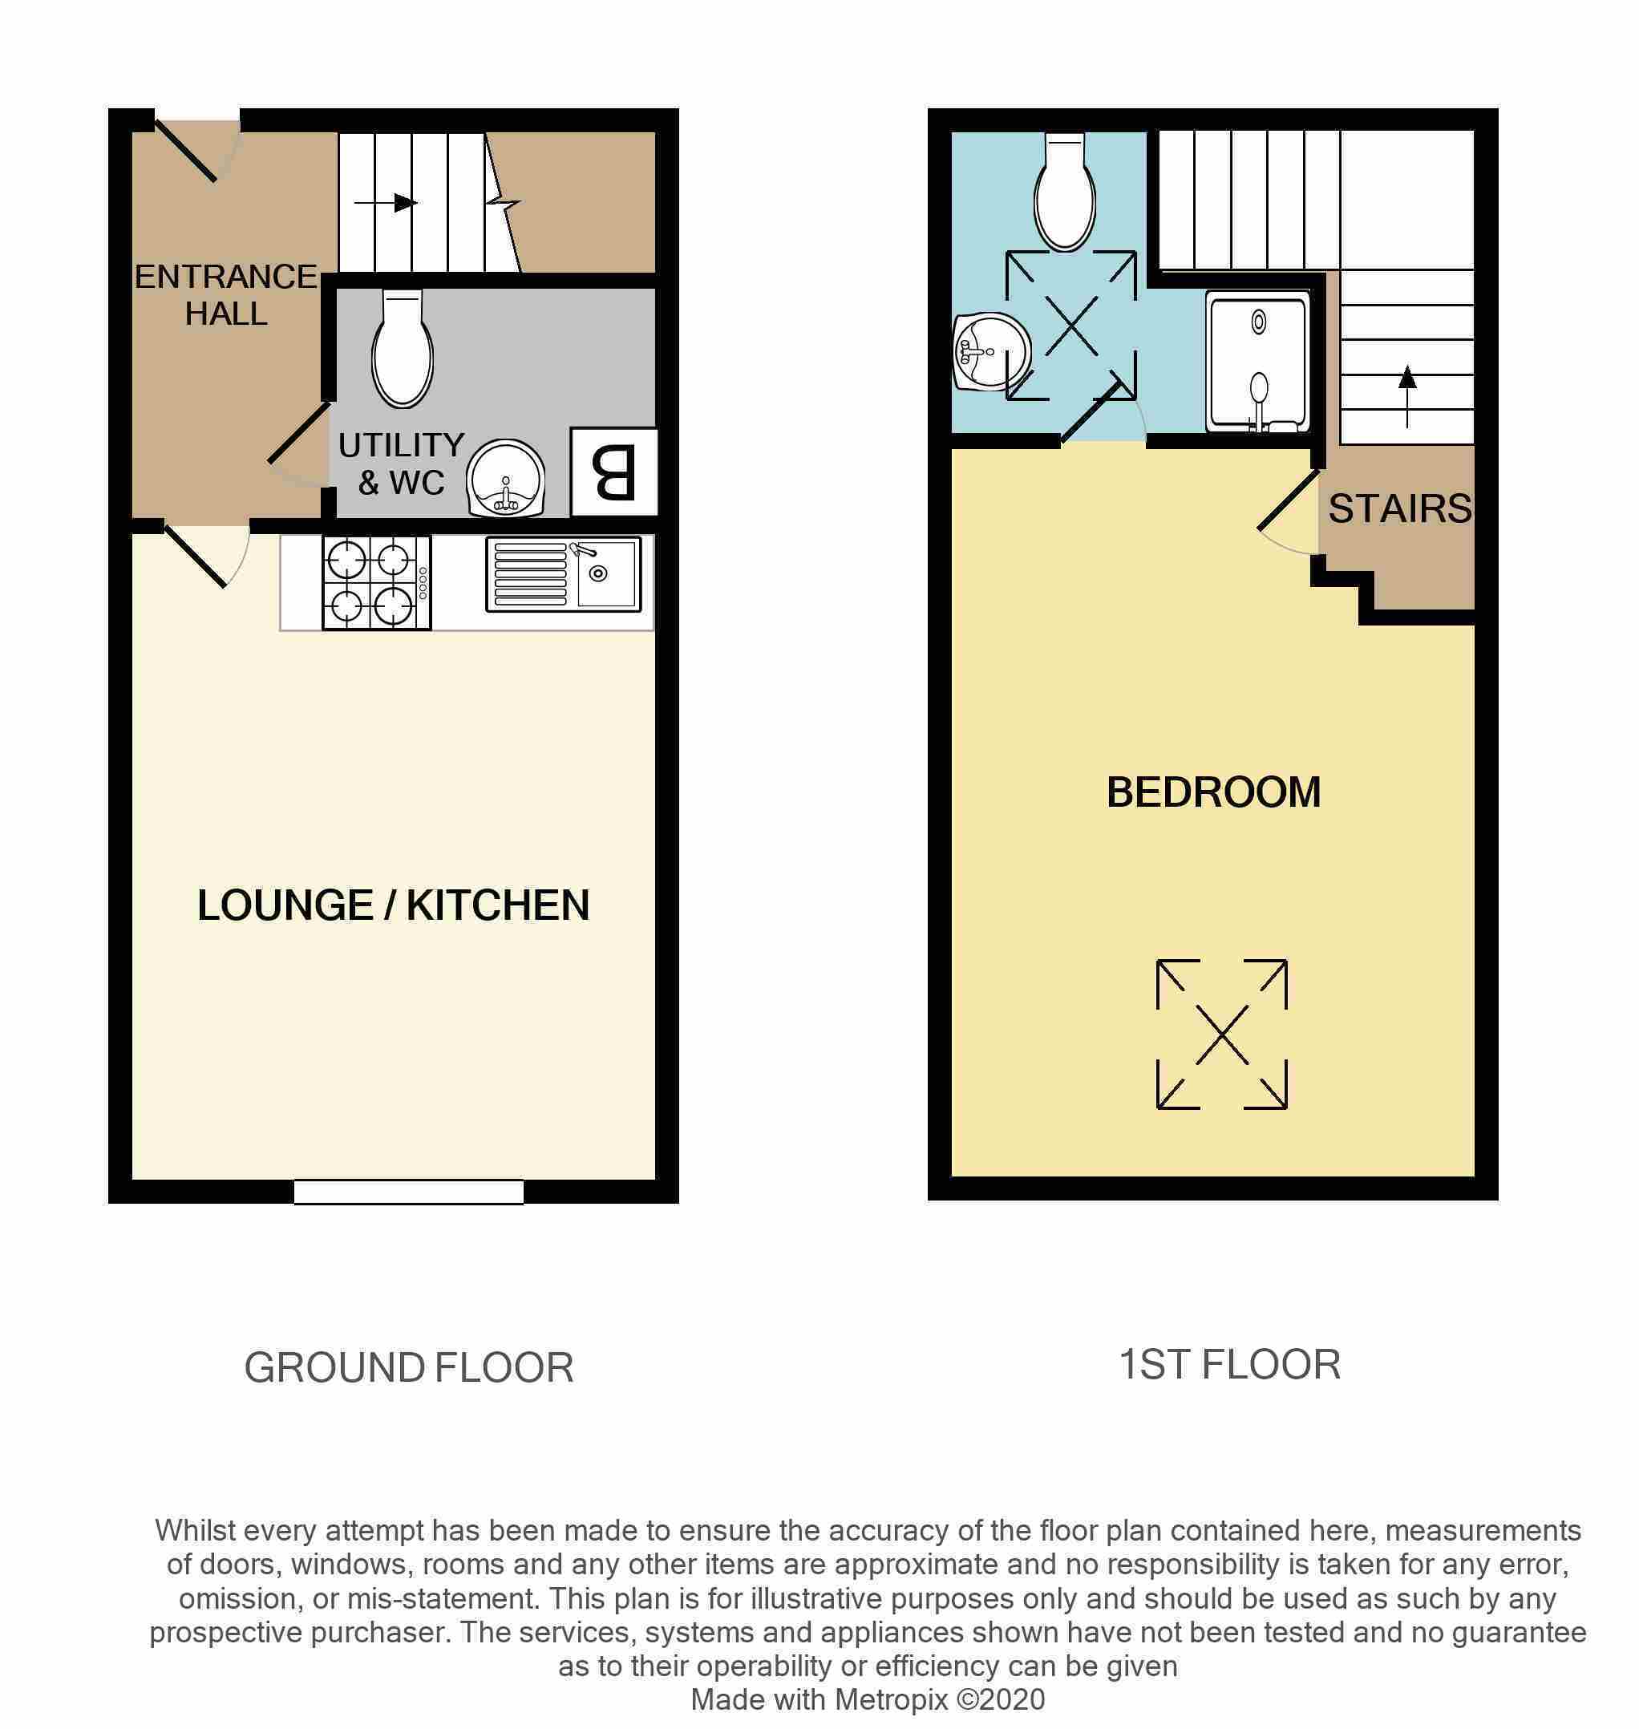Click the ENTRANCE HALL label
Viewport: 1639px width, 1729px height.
coord(225,294)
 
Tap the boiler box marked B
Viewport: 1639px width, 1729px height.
coord(613,472)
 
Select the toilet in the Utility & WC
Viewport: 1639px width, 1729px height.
coord(403,348)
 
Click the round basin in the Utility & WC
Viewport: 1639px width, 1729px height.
coord(506,478)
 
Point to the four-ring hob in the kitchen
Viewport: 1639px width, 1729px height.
coord(377,582)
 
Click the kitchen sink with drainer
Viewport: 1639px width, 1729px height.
coord(564,573)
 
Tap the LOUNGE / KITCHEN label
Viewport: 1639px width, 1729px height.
coord(393,905)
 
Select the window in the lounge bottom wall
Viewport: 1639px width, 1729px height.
coord(408,1192)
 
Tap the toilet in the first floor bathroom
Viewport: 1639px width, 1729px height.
coord(1064,192)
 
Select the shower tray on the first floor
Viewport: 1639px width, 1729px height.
coord(1258,362)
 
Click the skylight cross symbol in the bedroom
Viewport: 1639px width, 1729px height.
coord(1221,1035)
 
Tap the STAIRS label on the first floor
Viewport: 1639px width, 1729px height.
coord(1399,508)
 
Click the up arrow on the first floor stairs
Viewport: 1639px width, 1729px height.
coord(1406,397)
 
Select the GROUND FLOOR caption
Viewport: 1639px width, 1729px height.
coord(409,1367)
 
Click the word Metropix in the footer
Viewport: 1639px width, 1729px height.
coord(892,1699)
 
